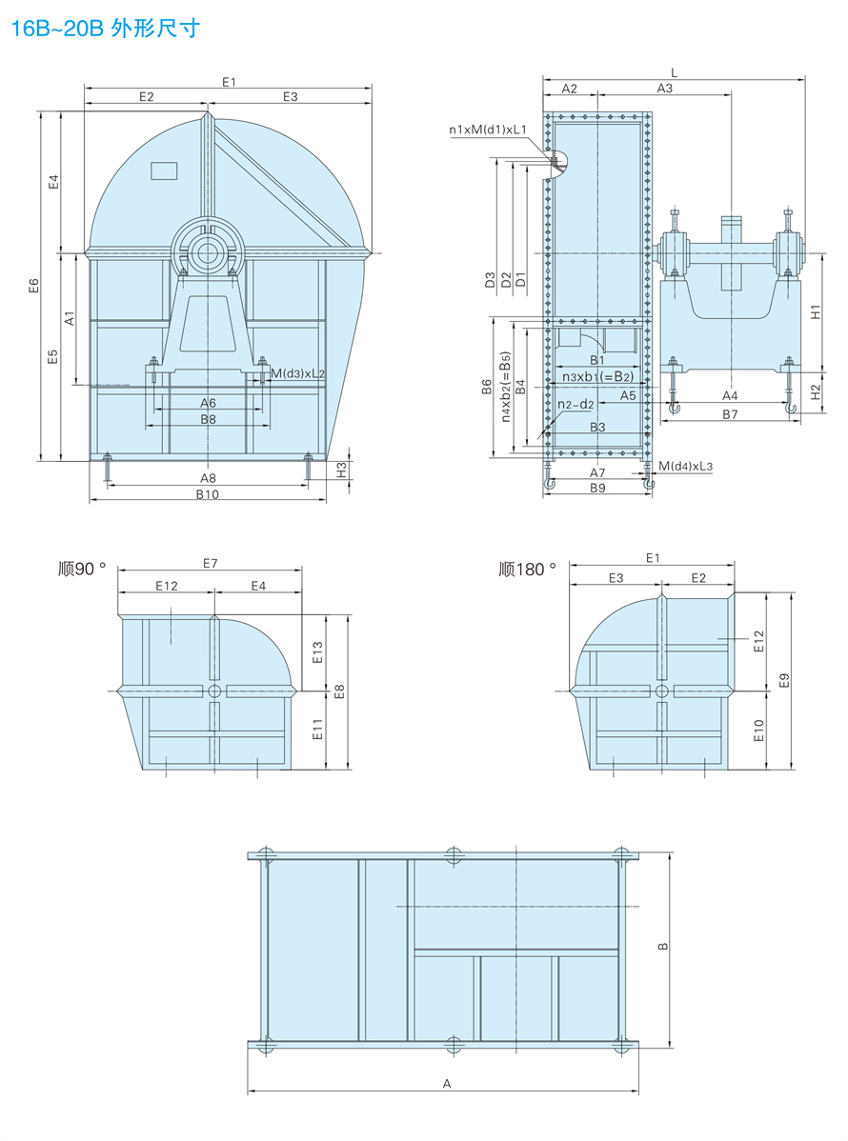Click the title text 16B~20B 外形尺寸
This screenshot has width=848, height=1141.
[x=105, y=29]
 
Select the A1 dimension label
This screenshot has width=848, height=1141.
[x=70, y=318]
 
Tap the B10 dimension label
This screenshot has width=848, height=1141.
[x=207, y=494]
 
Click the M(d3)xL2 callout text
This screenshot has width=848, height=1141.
[x=297, y=373]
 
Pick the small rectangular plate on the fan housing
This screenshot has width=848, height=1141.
[x=165, y=170]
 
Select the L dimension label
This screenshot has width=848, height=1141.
[x=674, y=72]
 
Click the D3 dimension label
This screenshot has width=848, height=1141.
[x=490, y=279]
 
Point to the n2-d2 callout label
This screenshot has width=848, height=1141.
[x=575, y=404]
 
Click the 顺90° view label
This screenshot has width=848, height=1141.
[x=82, y=570]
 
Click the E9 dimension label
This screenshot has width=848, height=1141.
[x=784, y=679]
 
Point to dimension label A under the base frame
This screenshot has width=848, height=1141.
[x=445, y=1083]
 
